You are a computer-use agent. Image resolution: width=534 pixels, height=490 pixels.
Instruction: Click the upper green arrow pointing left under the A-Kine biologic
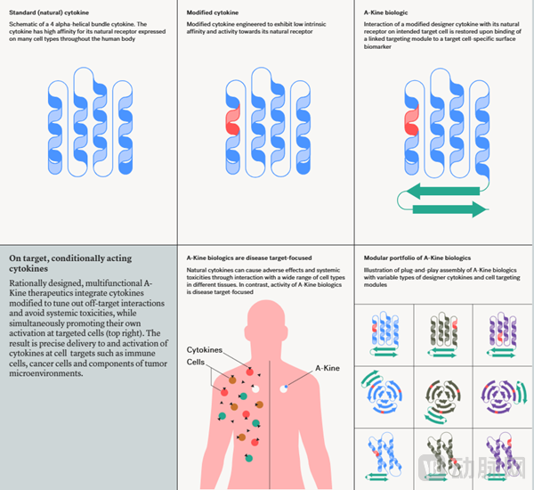pos(441,189)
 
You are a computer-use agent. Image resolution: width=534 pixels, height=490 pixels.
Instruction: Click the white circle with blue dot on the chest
pos(284,388)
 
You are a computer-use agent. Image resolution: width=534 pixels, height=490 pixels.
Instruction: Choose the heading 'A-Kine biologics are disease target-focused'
pos(248,258)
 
